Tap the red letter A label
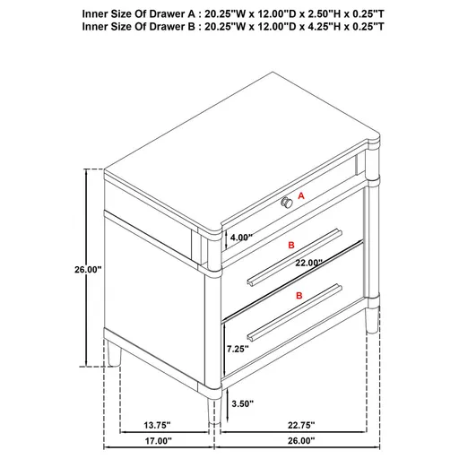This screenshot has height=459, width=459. coord(301,195)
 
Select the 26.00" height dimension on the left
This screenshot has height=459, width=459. coord(89,268)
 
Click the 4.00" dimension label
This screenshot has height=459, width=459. coord(241,238)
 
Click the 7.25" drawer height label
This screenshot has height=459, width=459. coord(238,348)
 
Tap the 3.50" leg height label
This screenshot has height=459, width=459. coord(241,403)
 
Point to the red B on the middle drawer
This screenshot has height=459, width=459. coord(290,244)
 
